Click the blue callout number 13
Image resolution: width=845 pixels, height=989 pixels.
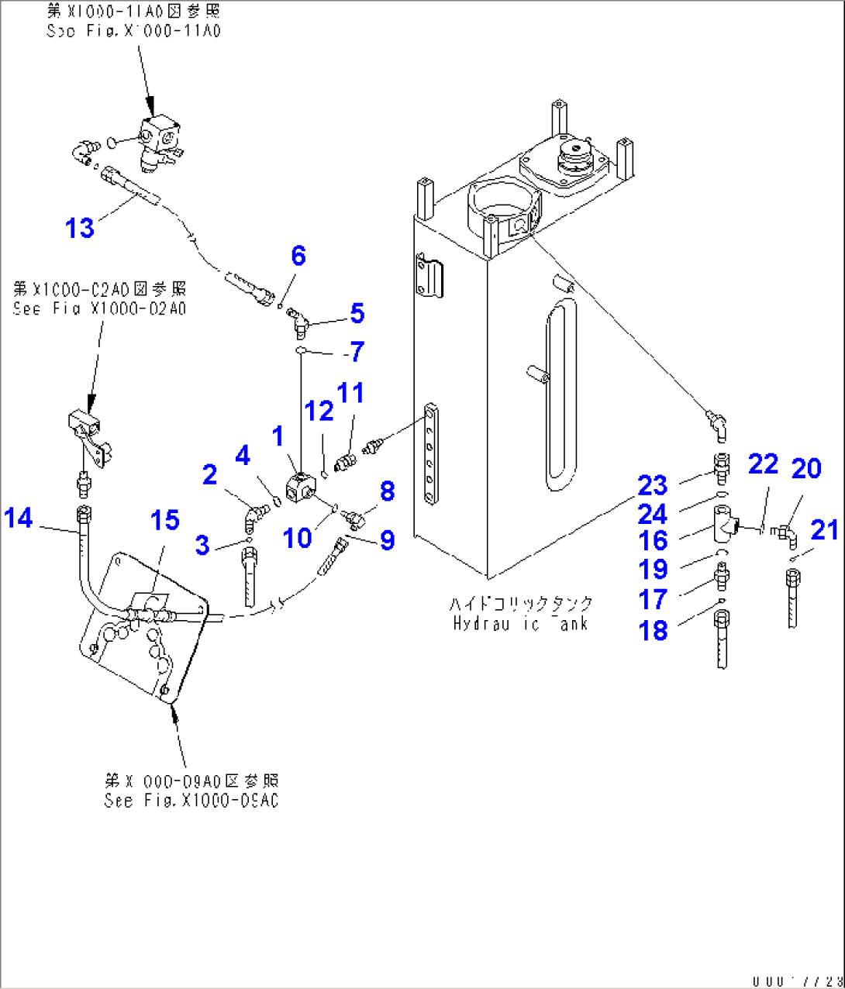click(x=80, y=228)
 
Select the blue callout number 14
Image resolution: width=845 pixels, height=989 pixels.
click(x=19, y=517)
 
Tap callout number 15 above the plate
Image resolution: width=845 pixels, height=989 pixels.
click(x=164, y=520)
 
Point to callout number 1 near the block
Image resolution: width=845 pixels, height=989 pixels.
click(x=278, y=436)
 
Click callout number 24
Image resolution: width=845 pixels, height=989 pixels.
click(x=652, y=514)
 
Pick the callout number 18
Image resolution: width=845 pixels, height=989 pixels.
click(x=653, y=630)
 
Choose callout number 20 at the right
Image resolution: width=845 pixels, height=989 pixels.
click(x=806, y=468)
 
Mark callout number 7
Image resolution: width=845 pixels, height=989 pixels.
click(x=357, y=352)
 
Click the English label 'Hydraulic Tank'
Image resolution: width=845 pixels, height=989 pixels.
click(x=520, y=624)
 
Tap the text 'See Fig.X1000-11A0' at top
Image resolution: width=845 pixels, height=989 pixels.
click(x=133, y=31)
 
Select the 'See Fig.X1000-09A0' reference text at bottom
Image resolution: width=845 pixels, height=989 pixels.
click(x=191, y=801)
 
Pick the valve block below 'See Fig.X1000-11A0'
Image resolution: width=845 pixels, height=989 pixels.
click(x=160, y=137)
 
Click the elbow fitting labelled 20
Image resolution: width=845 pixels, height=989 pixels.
click(x=784, y=532)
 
